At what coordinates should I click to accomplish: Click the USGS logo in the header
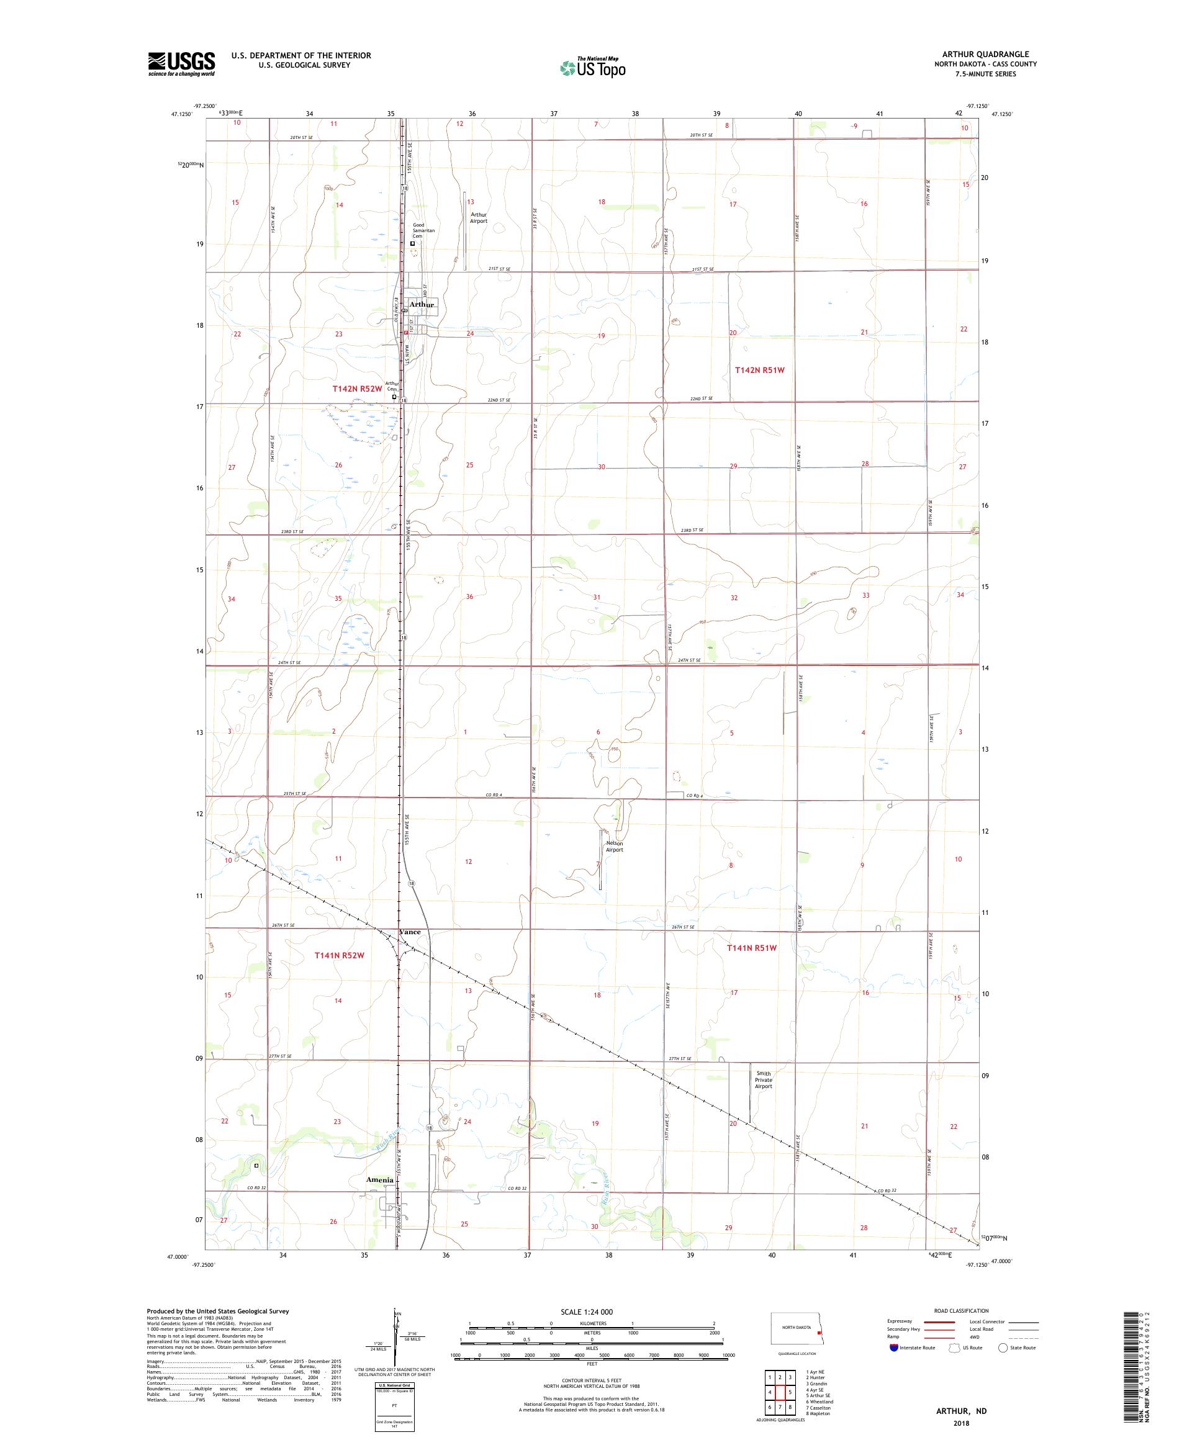(181, 64)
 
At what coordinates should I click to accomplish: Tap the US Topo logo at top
(594, 67)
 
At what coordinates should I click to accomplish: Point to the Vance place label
(410, 932)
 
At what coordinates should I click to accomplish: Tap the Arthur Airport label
(478, 217)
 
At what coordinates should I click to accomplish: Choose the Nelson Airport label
(614, 846)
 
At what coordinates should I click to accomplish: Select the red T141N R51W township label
(752, 948)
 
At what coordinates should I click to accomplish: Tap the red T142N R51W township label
(759, 369)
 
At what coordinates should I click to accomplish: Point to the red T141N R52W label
(339, 955)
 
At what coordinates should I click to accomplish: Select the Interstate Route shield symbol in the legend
(893, 1348)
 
